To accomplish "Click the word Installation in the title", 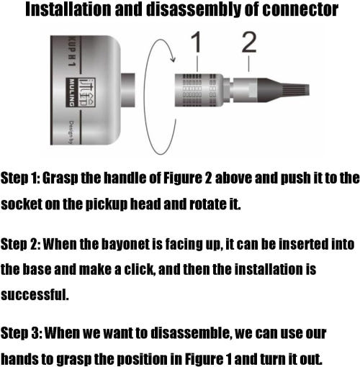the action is point(68,9).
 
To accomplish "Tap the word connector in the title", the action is point(300,9).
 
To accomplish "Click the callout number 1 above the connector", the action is point(197,42).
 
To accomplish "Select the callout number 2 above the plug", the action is point(249,42).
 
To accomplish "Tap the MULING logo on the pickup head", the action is point(81,92).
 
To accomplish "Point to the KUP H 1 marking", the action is point(72,51).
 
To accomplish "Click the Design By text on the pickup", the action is point(72,132).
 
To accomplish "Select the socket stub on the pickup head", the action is point(127,90).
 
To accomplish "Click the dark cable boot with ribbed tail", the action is point(283,90).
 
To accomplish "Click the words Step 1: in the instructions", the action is point(20,178).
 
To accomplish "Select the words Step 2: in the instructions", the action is point(21,244).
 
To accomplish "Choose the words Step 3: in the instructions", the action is point(21,333).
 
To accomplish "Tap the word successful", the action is point(35,294).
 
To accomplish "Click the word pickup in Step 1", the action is point(107,204).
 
